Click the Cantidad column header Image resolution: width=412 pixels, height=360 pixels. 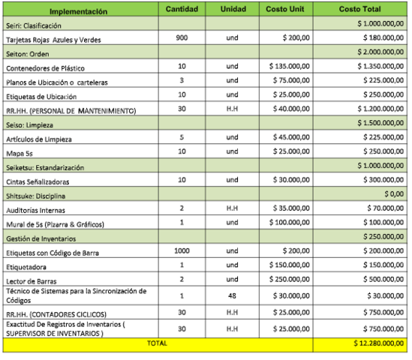click(x=181, y=10)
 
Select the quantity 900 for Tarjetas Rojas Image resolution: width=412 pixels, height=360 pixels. click(x=181, y=37)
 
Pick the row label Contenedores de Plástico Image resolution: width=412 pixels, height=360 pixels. click(x=46, y=67)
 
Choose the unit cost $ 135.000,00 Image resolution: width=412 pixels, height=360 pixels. click(x=290, y=67)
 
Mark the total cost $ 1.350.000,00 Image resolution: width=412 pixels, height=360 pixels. click(x=379, y=67)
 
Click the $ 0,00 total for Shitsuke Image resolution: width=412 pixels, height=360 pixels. click(x=395, y=194)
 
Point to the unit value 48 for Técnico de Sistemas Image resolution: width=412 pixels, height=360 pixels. click(x=232, y=295)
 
